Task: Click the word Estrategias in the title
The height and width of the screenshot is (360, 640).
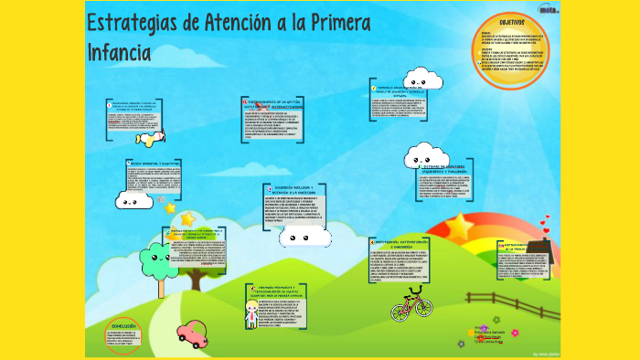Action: tap(131, 22)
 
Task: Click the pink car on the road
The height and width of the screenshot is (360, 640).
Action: tap(192, 334)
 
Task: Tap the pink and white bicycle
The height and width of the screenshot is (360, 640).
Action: tap(411, 303)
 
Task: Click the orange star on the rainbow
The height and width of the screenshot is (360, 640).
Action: tap(459, 224)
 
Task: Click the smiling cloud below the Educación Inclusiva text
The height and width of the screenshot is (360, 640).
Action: tap(304, 238)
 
